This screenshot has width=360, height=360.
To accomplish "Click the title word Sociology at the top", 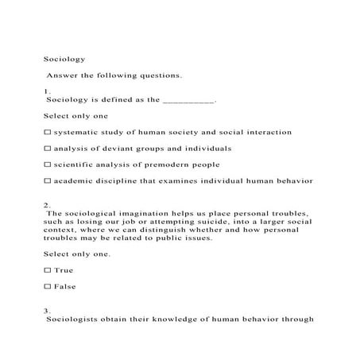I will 63,58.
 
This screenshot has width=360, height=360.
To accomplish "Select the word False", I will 65,286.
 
